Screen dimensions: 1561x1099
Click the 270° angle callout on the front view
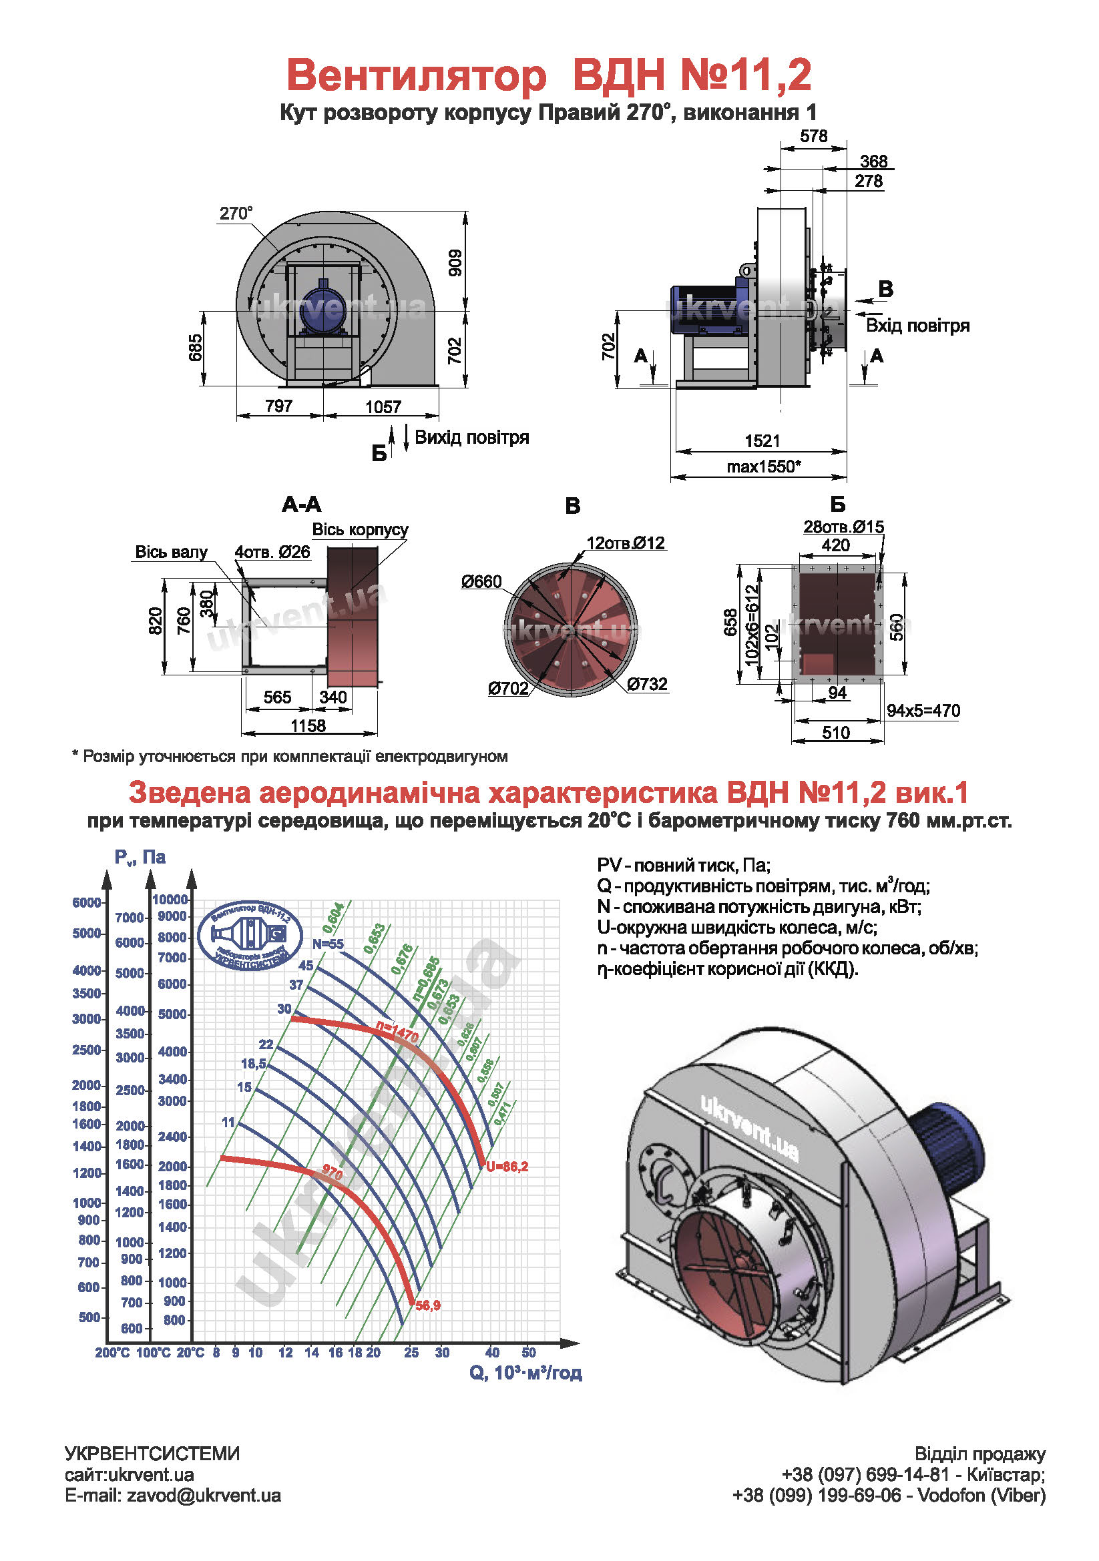pyautogui.click(x=235, y=214)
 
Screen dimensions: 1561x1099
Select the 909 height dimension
pyautogui.click(x=455, y=262)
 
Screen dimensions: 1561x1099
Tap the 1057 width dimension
pyautogui.click(x=383, y=406)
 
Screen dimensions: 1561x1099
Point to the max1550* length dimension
pyautogui.click(x=763, y=466)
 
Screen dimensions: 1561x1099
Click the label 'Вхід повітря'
pyautogui.click(x=917, y=326)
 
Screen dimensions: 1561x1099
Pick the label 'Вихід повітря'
pyautogui.click(x=471, y=437)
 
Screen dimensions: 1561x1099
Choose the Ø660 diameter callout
pyautogui.click(x=481, y=581)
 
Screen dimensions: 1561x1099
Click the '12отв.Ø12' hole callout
pyautogui.click(x=625, y=543)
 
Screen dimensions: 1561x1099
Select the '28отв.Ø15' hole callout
pyautogui.click(x=843, y=527)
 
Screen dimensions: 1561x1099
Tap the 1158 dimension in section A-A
pyautogui.click(x=308, y=725)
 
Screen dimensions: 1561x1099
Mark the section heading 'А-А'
pyautogui.click(x=301, y=505)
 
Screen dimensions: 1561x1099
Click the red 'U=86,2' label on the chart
pyautogui.click(x=507, y=1167)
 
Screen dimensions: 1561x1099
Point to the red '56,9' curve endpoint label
pyautogui.click(x=428, y=1305)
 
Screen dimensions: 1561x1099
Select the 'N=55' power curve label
pyautogui.click(x=328, y=944)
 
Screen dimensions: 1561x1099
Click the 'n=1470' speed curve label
pyautogui.click(x=397, y=1032)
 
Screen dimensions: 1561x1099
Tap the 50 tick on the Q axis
pyautogui.click(x=528, y=1353)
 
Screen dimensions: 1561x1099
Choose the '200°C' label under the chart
pyautogui.click(x=112, y=1353)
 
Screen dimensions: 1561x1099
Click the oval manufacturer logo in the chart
pyautogui.click(x=249, y=937)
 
